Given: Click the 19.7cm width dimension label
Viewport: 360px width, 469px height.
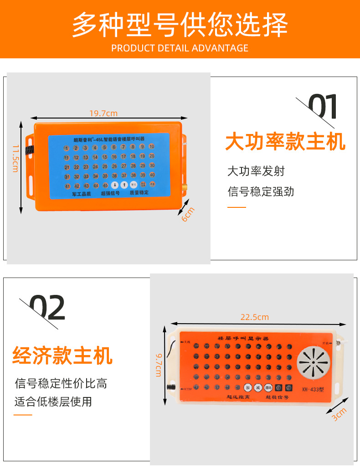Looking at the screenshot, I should click(103, 113).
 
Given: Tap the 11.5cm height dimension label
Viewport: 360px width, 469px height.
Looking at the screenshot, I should click(15, 158).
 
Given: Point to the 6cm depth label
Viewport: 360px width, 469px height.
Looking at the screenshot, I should click(188, 214).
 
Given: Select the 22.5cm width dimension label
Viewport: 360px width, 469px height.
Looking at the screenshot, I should click(254, 317).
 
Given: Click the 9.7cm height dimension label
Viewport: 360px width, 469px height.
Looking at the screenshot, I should click(159, 365).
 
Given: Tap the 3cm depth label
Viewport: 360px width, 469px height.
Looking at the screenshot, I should click(339, 414).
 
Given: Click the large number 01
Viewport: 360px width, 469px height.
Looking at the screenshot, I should click(323, 108).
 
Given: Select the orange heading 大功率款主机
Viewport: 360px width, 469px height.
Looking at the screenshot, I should click(285, 142).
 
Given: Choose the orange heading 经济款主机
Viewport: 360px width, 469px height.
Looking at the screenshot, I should click(62, 356).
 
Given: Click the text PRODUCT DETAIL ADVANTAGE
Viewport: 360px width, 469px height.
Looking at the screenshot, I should click(180, 48).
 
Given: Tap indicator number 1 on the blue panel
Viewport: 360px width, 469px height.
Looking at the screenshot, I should click(67, 148).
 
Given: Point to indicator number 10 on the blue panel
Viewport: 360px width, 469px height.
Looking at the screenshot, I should click(152, 147).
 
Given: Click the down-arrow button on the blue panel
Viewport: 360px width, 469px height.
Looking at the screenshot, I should click(114, 185).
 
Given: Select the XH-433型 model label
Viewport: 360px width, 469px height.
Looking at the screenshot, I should click(312, 389).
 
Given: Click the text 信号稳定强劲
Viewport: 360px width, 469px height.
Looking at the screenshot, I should click(261, 191).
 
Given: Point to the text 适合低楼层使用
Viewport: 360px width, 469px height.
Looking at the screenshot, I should click(53, 402).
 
